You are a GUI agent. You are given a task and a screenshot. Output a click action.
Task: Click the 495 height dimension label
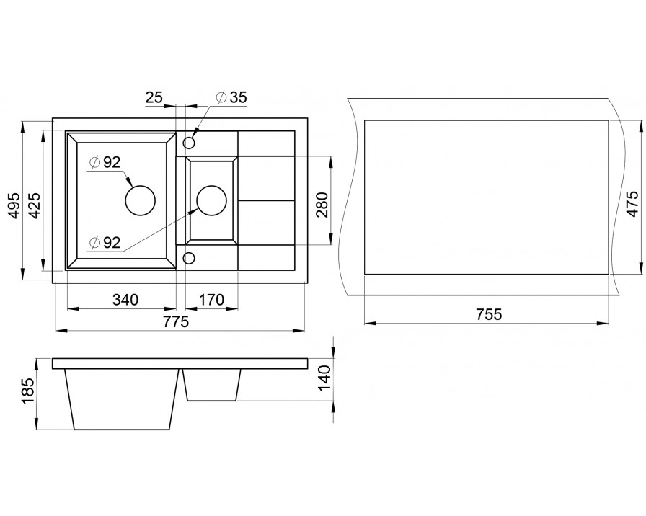[15, 205]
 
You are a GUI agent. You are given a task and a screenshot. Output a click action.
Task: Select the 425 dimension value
[35, 205]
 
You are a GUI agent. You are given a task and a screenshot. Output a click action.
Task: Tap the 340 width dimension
[125, 300]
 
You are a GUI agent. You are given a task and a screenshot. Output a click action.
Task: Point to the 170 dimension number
[211, 300]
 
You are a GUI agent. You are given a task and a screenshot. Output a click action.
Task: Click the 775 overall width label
[175, 321]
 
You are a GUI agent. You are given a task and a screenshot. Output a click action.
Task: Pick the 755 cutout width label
[489, 314]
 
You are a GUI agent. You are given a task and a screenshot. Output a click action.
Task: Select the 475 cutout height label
[632, 203]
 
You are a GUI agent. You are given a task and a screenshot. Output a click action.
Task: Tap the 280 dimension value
[322, 205]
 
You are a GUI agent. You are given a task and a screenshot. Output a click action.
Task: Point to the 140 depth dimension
[324, 378]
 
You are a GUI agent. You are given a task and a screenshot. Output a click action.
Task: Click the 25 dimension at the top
[154, 97]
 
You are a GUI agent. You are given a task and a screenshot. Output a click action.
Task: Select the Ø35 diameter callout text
[231, 97]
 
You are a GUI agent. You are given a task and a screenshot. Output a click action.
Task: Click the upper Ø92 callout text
[105, 162]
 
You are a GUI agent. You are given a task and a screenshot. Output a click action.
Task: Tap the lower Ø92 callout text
[105, 243]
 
